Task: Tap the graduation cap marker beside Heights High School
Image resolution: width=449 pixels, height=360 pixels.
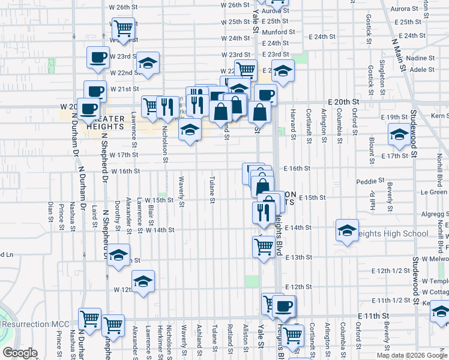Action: click(347, 230)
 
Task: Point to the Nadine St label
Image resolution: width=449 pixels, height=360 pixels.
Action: click(420, 59)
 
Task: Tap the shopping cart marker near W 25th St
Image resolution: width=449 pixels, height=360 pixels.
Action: click(122, 27)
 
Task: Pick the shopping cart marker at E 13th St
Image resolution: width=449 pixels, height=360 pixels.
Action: click(264, 245)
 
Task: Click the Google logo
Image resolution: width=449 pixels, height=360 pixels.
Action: click(19, 353)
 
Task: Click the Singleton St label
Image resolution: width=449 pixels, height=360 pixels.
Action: click(382, 80)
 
